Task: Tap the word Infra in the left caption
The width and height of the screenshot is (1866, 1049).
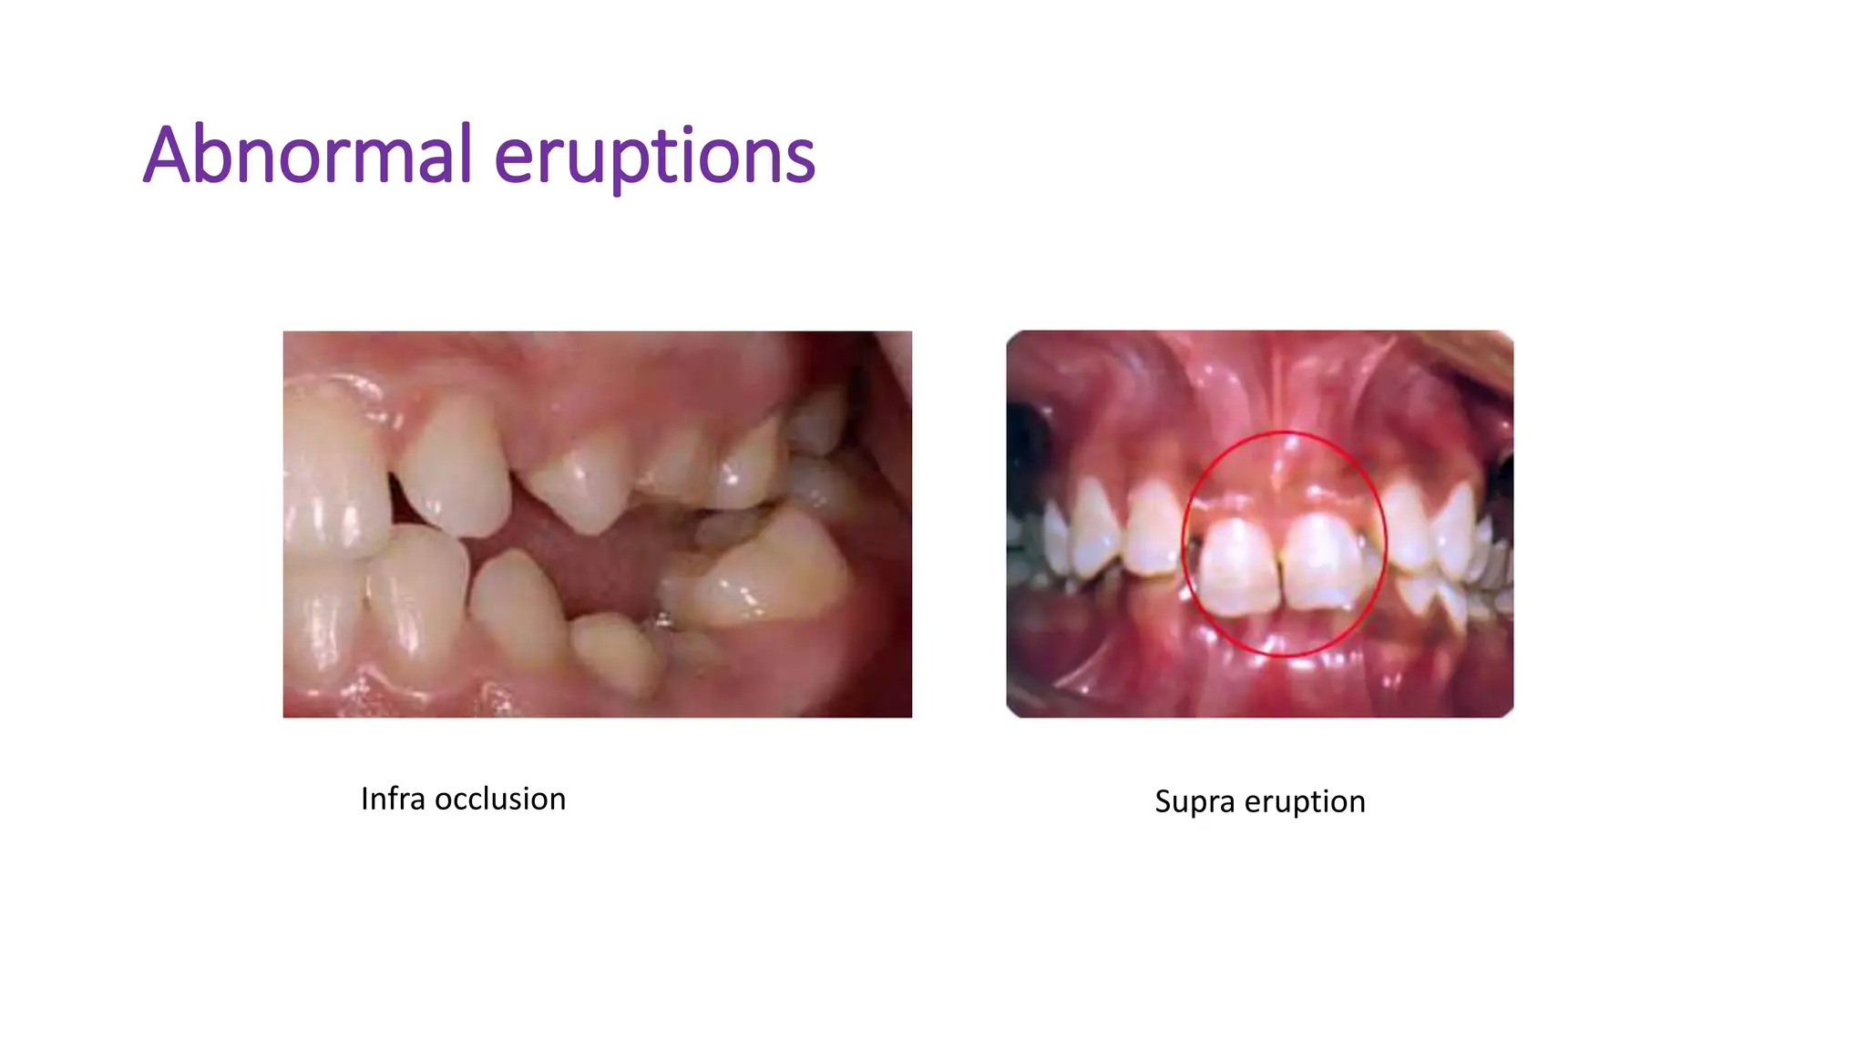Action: pyautogui.click(x=393, y=799)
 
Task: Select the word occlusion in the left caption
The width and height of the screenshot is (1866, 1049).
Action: pyautogui.click(x=500, y=799)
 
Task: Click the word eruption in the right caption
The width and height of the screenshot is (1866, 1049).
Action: pyautogui.click(x=1305, y=802)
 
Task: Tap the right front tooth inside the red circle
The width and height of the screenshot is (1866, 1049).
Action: pyautogui.click(x=1322, y=563)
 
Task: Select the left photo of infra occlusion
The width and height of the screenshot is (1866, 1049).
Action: pyautogui.click(x=597, y=524)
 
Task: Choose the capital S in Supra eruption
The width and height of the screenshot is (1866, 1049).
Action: pyautogui.click(x=1164, y=802)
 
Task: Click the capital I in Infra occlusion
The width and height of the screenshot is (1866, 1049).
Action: pyautogui.click(x=365, y=799)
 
